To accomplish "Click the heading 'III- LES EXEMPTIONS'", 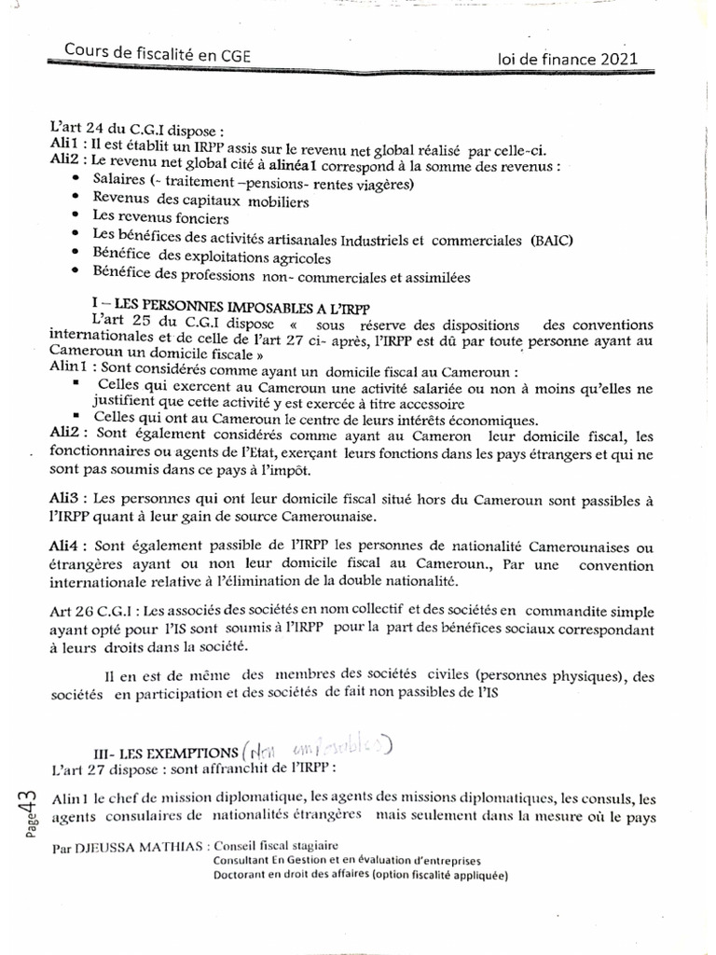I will [168, 751].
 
